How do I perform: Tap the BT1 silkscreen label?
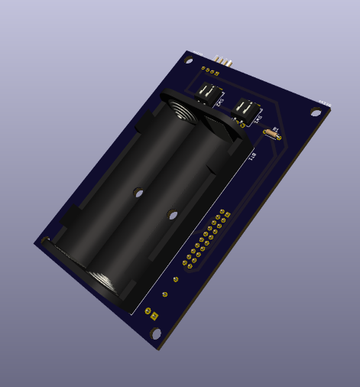(251, 156)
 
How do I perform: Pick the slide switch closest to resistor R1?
(247, 112)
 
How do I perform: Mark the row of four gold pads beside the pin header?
(207, 68)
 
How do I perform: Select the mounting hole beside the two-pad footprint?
(157, 333)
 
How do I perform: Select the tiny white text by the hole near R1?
(325, 102)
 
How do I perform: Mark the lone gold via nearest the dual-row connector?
(176, 279)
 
